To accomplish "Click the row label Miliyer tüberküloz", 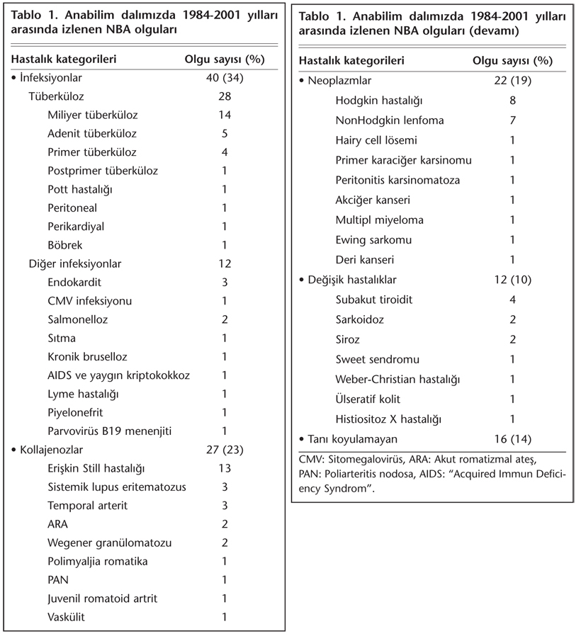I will (x=92, y=115).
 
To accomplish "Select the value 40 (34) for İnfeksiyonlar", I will (x=224, y=78).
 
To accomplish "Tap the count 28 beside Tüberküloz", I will (x=224, y=96).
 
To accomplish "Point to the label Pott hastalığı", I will (x=80, y=189).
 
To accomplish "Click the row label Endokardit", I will (x=74, y=282).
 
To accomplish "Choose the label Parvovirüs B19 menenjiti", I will (x=110, y=431).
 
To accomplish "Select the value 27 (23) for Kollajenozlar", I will (x=224, y=449).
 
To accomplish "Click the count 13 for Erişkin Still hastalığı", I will (x=224, y=468).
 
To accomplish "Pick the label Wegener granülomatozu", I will (x=110, y=543).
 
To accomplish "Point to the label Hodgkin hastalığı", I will (x=379, y=101).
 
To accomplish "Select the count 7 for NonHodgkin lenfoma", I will (x=512, y=120).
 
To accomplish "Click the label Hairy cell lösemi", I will (x=376, y=140).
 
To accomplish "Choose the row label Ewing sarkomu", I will (x=373, y=239).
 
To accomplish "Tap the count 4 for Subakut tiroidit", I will (x=512, y=300).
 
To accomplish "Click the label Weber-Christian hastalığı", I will (x=398, y=379).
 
